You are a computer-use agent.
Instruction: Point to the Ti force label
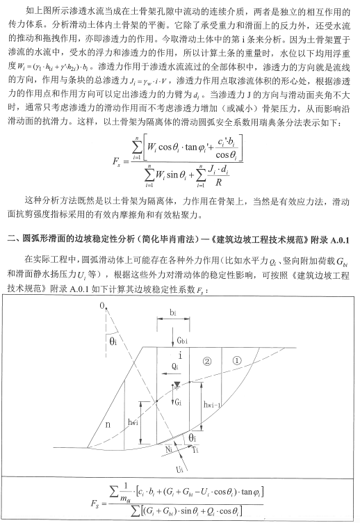202,449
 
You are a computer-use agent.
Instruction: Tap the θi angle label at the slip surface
196,437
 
